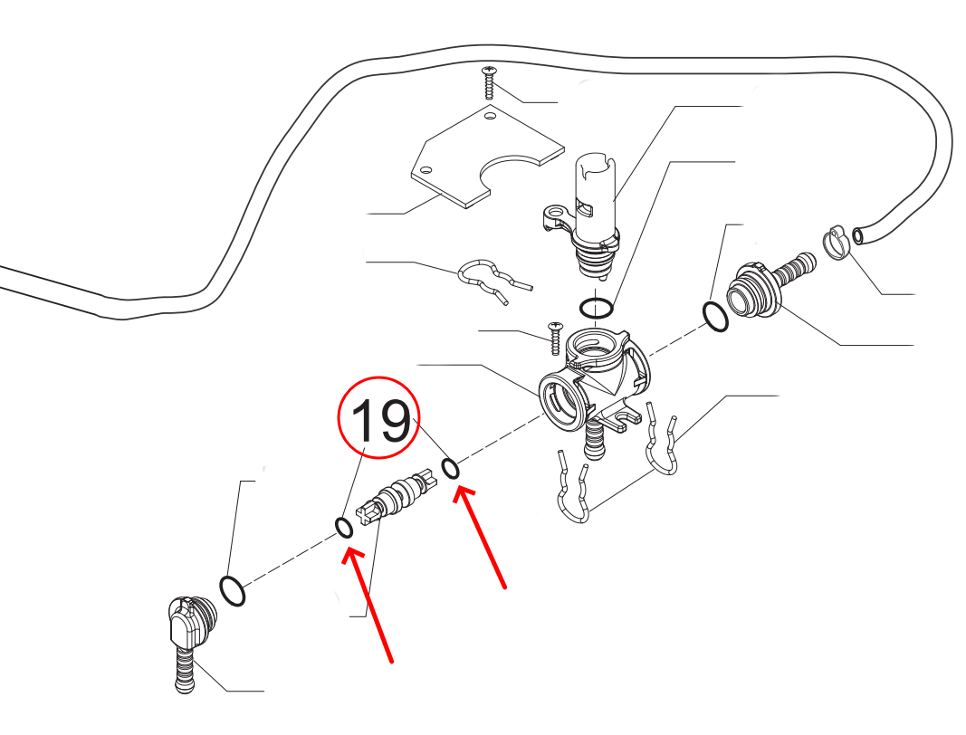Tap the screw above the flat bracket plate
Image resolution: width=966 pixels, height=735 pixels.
point(489,82)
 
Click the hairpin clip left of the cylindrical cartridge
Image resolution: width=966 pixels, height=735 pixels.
point(489,277)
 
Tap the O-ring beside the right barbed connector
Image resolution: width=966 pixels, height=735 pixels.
point(715,318)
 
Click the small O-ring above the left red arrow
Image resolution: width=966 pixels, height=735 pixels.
point(344,527)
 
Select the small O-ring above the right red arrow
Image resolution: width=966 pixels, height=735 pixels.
point(450,468)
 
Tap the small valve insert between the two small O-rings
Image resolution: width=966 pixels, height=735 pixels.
point(398,499)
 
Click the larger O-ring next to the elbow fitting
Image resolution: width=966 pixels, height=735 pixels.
point(233,591)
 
